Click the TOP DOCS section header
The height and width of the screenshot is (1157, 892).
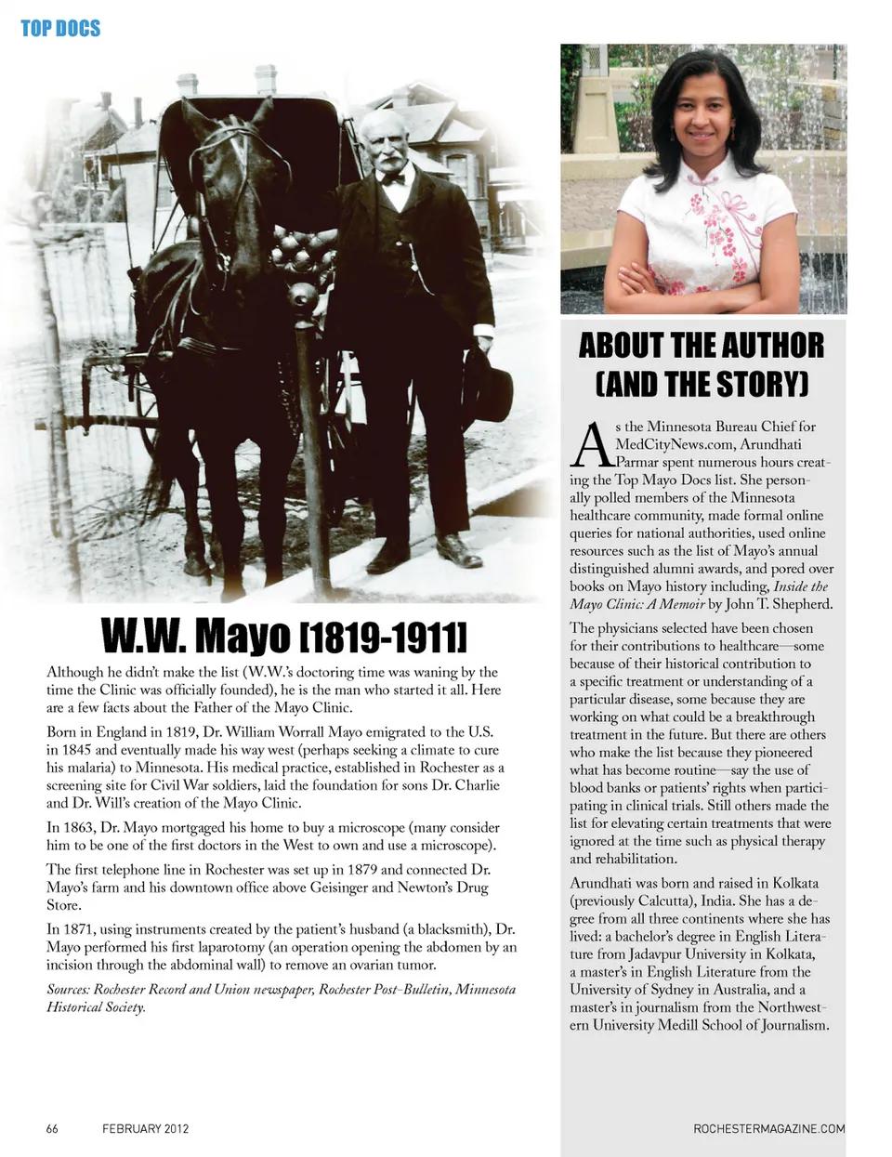coord(60,28)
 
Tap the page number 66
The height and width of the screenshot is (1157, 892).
coord(52,1128)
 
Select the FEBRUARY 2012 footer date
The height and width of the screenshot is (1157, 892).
coord(146,1128)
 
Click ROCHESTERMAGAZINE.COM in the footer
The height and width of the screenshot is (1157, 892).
coord(769,1128)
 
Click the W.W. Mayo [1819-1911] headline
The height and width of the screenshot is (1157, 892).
coord(283,637)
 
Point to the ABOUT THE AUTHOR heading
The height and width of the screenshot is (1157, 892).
coord(701,346)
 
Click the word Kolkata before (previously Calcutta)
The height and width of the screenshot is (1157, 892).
coord(795,882)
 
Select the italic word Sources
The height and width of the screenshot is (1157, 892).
coord(69,989)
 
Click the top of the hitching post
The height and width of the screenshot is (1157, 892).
coord(302,297)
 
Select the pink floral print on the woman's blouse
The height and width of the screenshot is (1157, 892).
coord(715,232)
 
